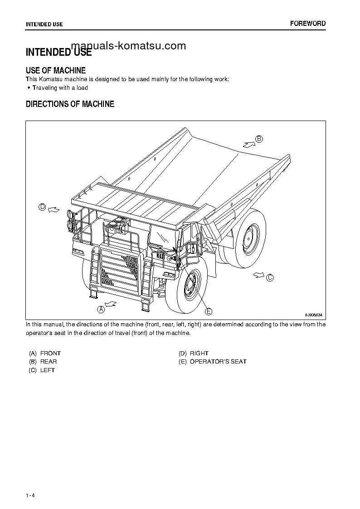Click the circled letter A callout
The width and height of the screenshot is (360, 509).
101,309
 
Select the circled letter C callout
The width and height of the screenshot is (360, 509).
270,277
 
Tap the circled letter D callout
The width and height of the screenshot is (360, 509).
42,207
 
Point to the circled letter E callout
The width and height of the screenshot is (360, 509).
209,311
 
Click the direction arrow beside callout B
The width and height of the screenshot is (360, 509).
248,144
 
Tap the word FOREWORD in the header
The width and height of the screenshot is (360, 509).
308,24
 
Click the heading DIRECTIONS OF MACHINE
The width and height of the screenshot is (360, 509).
70,104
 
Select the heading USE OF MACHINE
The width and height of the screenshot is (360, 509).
56,70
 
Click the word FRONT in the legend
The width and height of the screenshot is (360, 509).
50,353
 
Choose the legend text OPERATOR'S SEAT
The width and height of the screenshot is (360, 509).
218,362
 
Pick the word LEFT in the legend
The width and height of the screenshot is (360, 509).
48,370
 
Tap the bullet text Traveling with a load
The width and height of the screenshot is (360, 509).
60,88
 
